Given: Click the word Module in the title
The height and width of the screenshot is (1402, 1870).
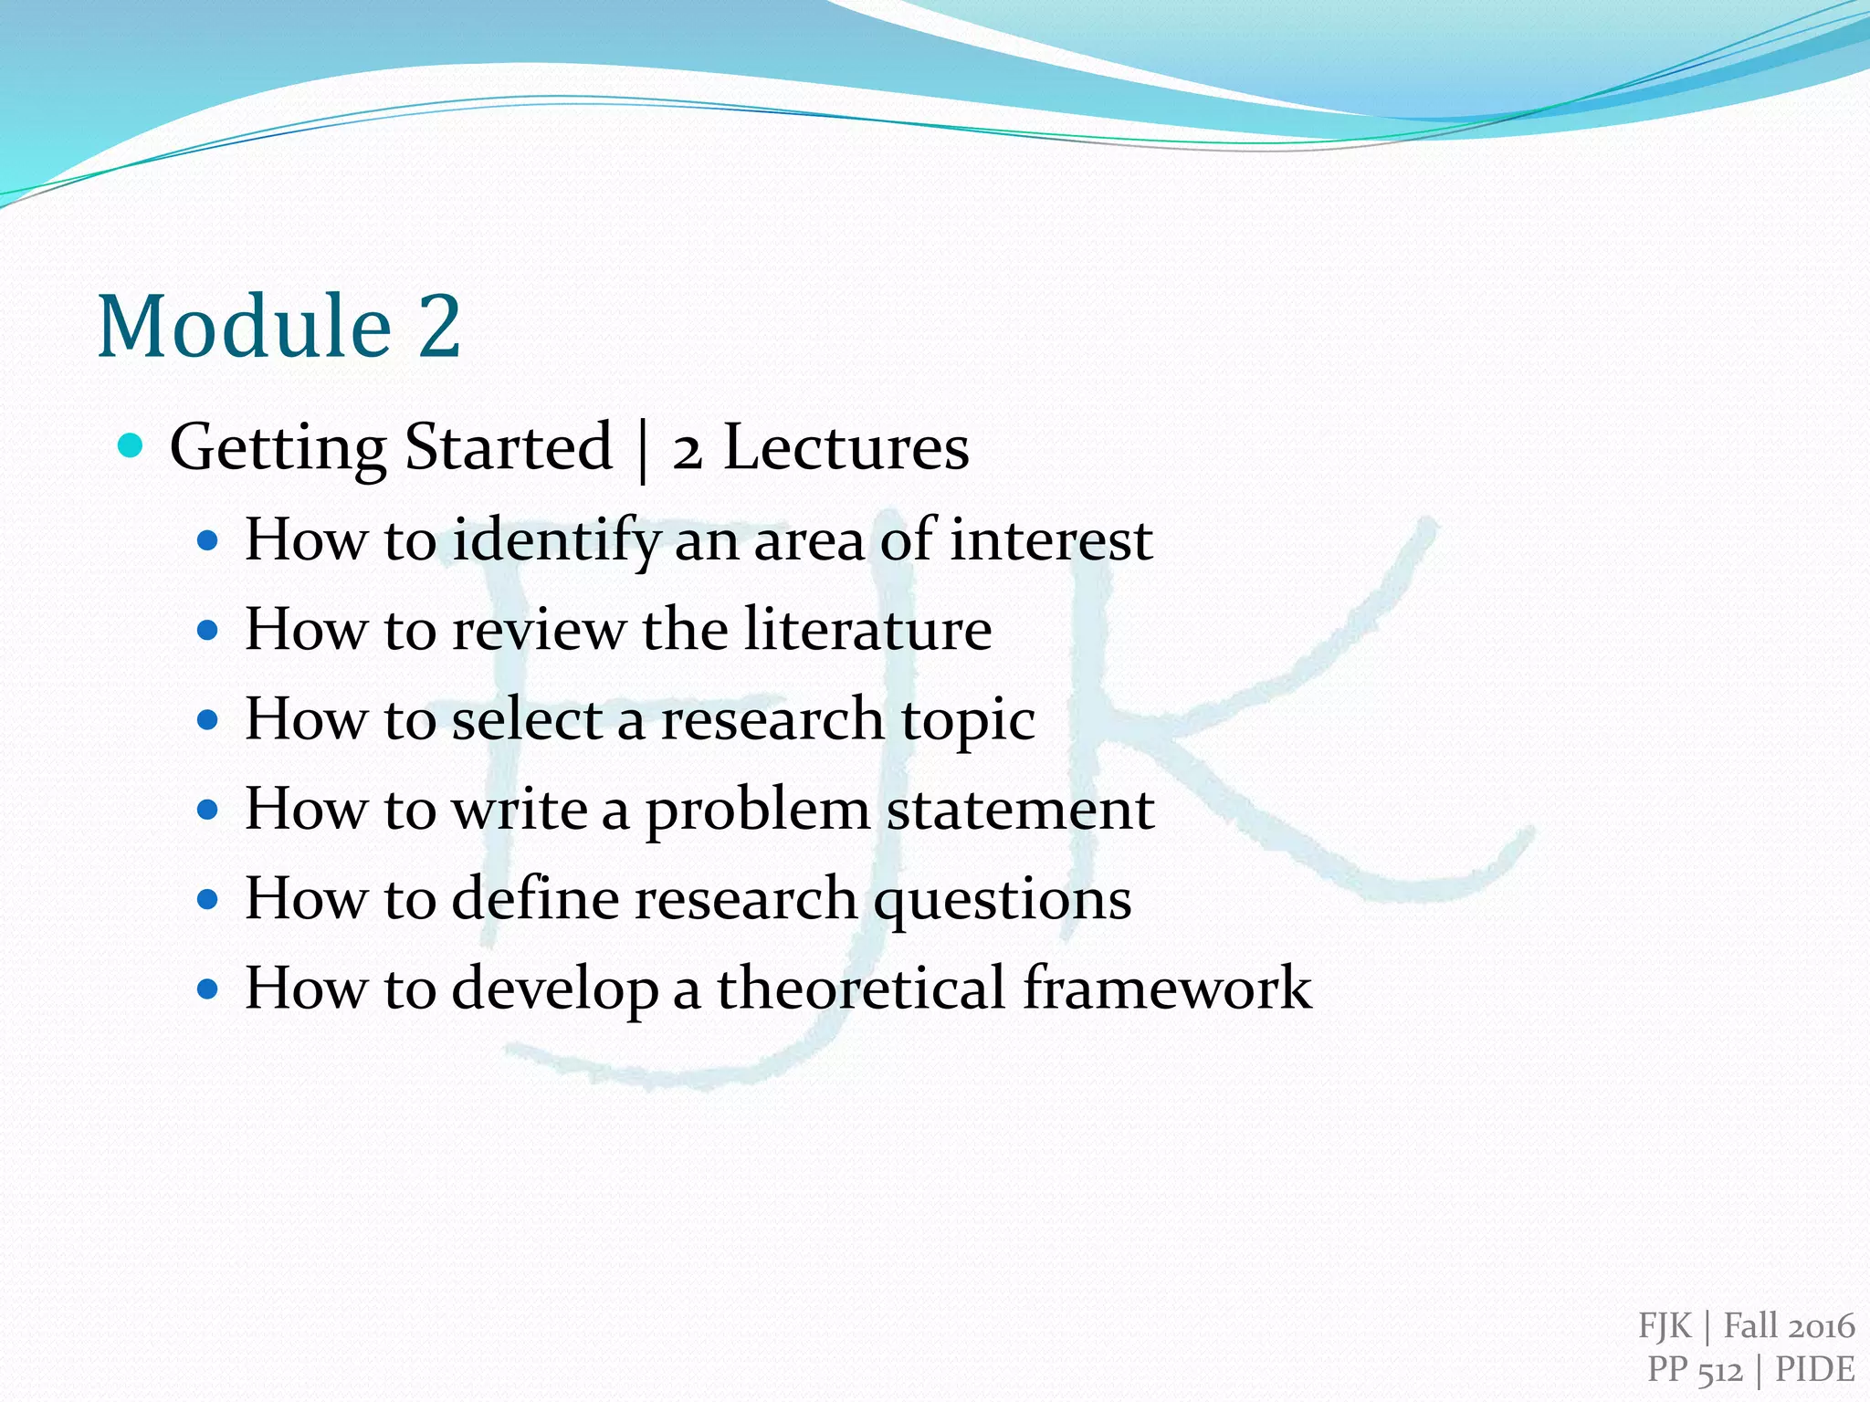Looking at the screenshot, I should tap(245, 326).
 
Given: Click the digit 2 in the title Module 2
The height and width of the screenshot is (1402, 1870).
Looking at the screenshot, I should tap(439, 326).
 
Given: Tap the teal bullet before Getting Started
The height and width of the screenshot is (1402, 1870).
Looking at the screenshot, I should tap(131, 446).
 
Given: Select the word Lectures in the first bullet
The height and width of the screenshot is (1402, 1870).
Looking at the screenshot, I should tap(846, 447).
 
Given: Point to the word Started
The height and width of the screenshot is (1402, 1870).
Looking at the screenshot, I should tap(508, 447).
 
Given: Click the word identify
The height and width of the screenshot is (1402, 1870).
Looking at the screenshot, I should tap(555, 540).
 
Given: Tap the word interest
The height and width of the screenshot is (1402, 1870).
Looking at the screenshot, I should tap(1051, 539).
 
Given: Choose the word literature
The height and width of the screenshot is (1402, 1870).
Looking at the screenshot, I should tap(867, 629).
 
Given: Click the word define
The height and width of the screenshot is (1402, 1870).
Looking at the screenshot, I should tap(535, 898).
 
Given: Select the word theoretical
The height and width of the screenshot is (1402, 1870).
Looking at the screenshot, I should tap(861, 988).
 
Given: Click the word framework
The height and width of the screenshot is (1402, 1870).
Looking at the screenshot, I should tap(1167, 988).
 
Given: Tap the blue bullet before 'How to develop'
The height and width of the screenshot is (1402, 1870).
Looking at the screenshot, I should tap(208, 989).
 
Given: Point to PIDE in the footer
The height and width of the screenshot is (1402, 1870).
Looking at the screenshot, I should tap(1814, 1369).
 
